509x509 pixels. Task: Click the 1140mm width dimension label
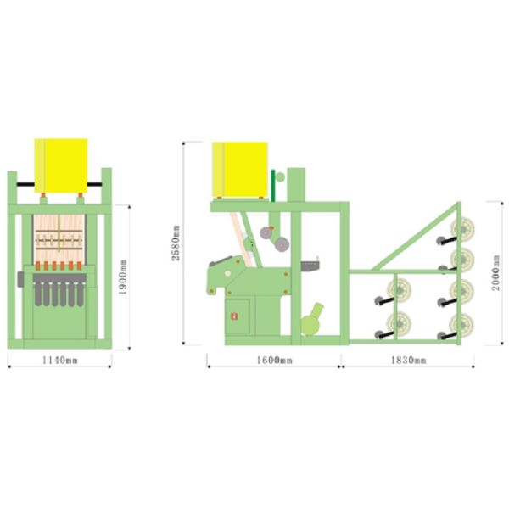59,360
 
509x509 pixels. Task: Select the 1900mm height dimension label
123,277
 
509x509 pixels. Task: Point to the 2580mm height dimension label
176,243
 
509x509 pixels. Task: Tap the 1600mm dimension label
274,360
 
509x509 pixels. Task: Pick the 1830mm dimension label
408,360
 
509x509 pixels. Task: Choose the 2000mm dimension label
495,272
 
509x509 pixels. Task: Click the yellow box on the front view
61,165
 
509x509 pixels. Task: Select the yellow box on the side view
240,170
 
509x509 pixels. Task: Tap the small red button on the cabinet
234,316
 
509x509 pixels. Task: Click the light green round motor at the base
311,321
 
